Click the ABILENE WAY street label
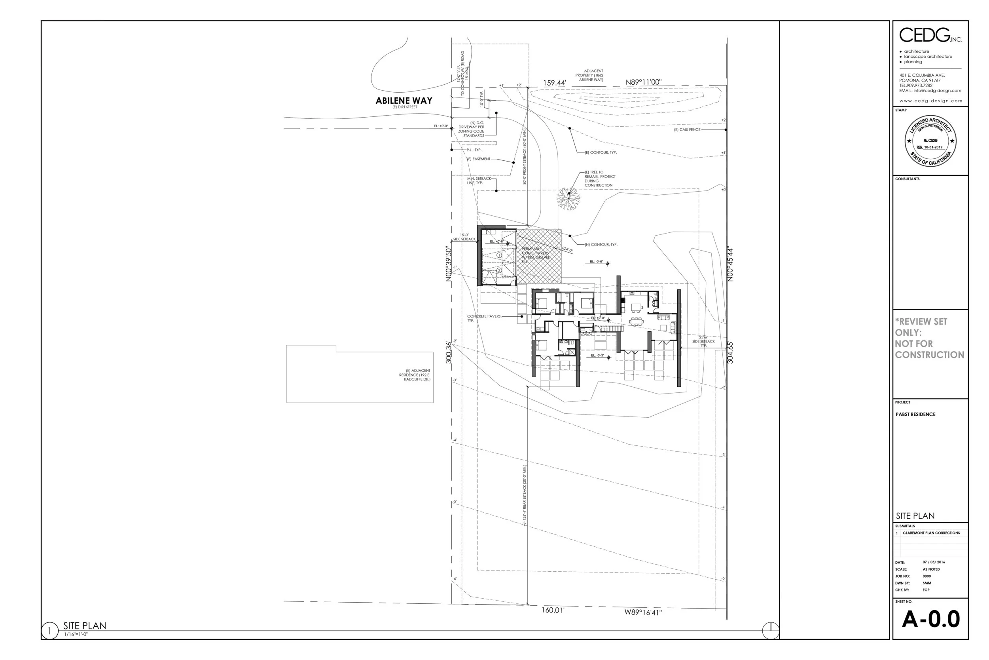pyautogui.click(x=404, y=101)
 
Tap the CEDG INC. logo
pyautogui.click(x=930, y=35)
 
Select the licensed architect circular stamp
pyautogui.click(x=930, y=141)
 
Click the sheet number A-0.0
pyautogui.click(x=930, y=619)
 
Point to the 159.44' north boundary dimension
pyautogui.click(x=554, y=83)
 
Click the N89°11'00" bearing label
pyautogui.click(x=643, y=82)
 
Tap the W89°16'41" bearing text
pyautogui.click(x=642, y=612)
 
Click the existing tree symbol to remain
pyautogui.click(x=568, y=198)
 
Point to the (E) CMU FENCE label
pyautogui.click(x=687, y=129)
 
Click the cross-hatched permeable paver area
pyautogui.click(x=539, y=256)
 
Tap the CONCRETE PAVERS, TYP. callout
pyautogui.click(x=484, y=318)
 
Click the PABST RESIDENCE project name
pyautogui.click(x=915, y=414)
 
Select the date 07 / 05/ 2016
pyautogui.click(x=934, y=562)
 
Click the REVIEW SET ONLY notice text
pyautogui.click(x=929, y=338)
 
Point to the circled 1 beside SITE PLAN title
pyautogui.click(x=49, y=631)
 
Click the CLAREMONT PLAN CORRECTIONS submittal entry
pyautogui.click(x=931, y=533)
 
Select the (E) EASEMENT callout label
pyautogui.click(x=479, y=159)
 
